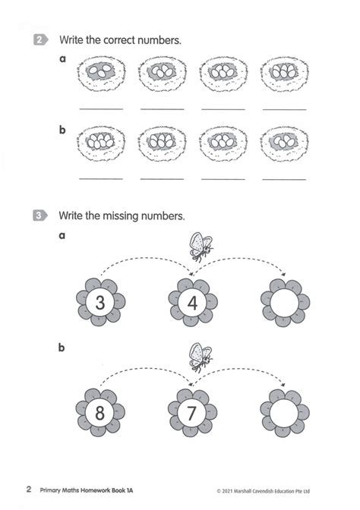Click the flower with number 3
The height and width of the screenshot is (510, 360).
(x=100, y=302)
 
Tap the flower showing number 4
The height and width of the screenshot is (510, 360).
(x=193, y=302)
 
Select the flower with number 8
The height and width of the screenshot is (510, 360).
(x=100, y=412)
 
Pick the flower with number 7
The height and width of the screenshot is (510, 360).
(x=192, y=412)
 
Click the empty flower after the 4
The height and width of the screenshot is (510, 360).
(x=285, y=302)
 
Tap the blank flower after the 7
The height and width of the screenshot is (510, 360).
(x=285, y=413)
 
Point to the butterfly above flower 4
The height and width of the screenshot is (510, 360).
(x=201, y=247)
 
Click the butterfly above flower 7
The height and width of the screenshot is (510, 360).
(x=201, y=357)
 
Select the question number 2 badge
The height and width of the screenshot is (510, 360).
(x=41, y=39)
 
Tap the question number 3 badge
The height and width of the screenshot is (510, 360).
(x=40, y=216)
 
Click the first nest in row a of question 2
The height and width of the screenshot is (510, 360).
(x=102, y=73)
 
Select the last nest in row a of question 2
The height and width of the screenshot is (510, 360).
(x=285, y=74)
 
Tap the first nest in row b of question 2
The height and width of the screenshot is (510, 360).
(x=101, y=143)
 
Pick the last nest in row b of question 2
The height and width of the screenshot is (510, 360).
(x=285, y=143)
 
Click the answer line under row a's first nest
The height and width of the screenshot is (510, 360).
(x=101, y=109)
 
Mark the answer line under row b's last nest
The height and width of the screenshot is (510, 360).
(x=284, y=179)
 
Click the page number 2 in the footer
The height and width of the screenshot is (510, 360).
(x=29, y=489)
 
